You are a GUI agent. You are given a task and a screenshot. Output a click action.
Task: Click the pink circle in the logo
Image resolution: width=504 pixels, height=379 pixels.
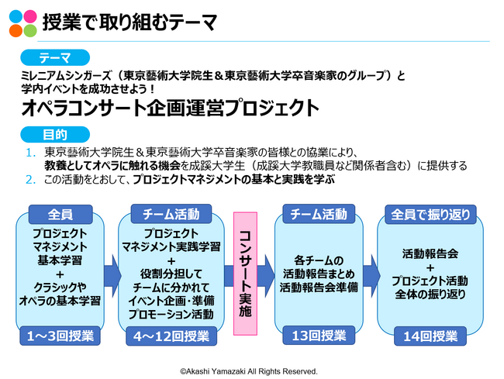tap(30, 16)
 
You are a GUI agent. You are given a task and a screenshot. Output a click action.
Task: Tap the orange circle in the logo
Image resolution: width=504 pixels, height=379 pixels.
tap(16, 30)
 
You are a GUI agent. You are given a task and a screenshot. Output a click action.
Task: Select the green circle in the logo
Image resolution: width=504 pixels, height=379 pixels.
tap(30, 30)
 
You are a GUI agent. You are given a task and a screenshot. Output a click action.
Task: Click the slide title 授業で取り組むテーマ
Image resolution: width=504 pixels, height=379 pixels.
tap(129, 22)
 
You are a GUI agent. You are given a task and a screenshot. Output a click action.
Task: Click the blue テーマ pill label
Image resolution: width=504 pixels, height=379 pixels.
tap(55, 58)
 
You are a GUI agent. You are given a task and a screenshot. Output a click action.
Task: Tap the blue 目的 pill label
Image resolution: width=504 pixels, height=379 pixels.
tap(55, 135)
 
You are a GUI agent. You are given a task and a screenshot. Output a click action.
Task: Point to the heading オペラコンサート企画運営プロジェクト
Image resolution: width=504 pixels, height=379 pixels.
tap(170, 108)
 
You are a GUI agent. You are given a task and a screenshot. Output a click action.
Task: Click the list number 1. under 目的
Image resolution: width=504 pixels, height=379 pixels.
tap(31, 153)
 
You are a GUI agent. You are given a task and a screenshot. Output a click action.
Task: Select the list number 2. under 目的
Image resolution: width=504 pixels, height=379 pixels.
tap(31, 180)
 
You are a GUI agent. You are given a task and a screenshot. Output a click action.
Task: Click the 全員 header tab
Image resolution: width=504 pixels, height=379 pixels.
tap(60, 214)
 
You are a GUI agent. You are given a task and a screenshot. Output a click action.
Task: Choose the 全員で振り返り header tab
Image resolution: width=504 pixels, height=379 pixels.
tap(430, 214)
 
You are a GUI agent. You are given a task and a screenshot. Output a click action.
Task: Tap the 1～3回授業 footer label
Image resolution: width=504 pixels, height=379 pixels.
tap(60, 336)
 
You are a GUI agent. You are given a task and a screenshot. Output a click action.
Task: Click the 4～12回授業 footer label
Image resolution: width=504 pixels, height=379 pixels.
tap(171, 336)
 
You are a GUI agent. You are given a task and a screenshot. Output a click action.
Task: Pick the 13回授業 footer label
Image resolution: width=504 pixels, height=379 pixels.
tap(319, 336)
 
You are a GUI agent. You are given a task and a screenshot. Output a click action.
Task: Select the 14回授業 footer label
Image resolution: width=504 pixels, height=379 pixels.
tap(430, 336)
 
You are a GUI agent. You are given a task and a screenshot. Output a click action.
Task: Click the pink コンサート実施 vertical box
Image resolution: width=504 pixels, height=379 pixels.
tap(245, 274)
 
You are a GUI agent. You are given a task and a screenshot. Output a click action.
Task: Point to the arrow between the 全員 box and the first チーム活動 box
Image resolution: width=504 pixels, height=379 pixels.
tap(112, 276)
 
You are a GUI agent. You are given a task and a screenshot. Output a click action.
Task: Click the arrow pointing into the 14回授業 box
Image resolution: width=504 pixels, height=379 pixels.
tap(372, 276)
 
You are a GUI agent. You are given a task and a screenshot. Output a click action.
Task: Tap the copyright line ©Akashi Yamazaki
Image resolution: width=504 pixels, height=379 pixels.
tap(249, 371)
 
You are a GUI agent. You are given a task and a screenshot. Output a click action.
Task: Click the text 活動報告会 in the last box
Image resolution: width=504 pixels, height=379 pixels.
tap(430, 253)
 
